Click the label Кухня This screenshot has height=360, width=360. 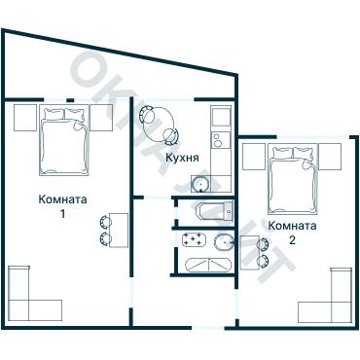click(183, 158)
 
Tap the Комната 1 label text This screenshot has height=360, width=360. click(63, 206)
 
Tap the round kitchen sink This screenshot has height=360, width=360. click(203, 182)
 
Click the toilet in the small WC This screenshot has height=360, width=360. click(208, 210)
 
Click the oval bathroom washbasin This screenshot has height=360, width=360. click(224, 242)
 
